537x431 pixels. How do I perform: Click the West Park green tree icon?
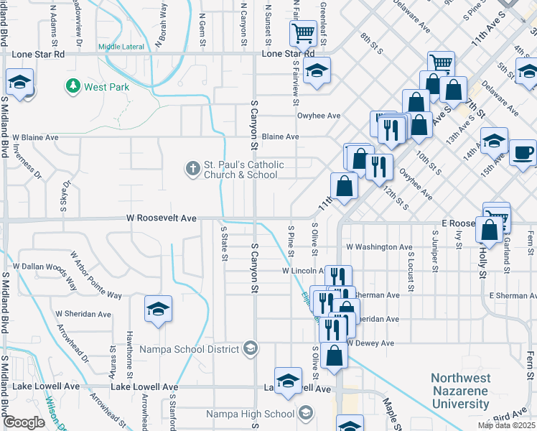click(x=73, y=87)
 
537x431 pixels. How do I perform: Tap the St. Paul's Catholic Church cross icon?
click(x=192, y=170)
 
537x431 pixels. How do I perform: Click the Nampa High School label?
click(x=250, y=414)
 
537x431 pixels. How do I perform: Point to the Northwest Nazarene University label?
click(x=461, y=391)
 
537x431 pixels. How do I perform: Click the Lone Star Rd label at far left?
click(x=39, y=54)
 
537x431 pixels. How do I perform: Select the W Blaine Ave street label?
click(x=34, y=137)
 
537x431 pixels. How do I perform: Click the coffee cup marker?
click(x=523, y=152)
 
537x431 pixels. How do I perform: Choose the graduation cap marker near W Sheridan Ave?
click(x=159, y=309)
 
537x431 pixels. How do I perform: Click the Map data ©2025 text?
click(x=507, y=425)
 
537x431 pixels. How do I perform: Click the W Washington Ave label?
click(x=379, y=246)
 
